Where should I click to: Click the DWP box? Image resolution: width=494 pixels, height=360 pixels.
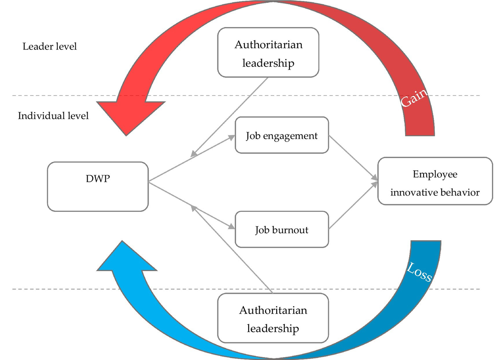pos(98,186)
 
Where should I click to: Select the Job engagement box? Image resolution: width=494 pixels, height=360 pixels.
pos(282,135)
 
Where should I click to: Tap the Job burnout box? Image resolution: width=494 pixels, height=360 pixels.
pos(282,230)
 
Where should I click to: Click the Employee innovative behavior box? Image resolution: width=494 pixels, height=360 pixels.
pos(435,181)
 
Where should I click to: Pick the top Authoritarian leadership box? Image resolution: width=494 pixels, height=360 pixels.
pos(268,53)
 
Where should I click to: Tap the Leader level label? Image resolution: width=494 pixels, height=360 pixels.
pos(49,46)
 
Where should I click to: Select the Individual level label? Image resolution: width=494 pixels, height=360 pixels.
pos(53,116)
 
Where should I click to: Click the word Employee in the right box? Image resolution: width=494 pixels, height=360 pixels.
pos(435,174)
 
